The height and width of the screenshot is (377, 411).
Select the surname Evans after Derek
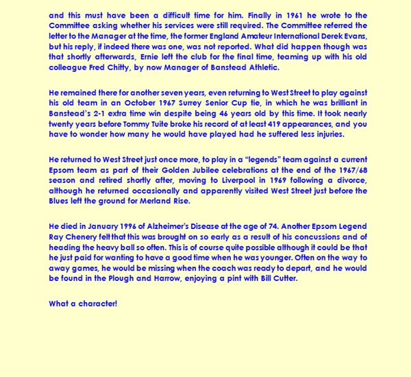353,36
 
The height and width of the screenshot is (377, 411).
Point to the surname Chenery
84,237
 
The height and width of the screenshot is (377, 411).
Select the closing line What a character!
83,303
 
